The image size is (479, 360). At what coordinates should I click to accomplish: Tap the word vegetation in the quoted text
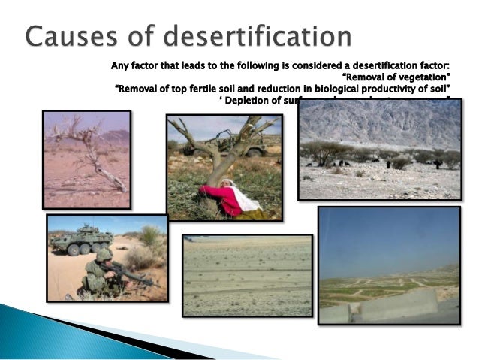[420, 77]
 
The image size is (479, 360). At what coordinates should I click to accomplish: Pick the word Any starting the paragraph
[120, 66]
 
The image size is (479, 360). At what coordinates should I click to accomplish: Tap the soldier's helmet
[103, 256]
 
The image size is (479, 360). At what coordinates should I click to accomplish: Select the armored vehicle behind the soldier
[82, 240]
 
